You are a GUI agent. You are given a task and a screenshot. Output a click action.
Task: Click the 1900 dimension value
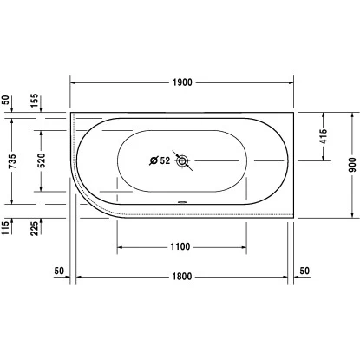182,82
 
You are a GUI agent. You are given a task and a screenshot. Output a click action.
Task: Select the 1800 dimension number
182,277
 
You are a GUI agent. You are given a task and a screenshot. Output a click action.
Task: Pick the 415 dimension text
323,137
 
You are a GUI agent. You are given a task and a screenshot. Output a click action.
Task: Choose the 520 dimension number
41,160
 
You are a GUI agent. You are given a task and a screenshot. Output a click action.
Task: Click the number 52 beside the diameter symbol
165,160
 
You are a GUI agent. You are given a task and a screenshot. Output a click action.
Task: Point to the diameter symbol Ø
153,160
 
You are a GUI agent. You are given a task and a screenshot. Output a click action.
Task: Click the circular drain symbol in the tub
183,160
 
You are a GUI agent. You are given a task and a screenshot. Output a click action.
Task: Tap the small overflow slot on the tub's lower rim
182,206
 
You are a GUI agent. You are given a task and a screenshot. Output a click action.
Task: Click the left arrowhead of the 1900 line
74,82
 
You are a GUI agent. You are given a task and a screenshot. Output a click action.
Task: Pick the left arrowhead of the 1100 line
121,247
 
